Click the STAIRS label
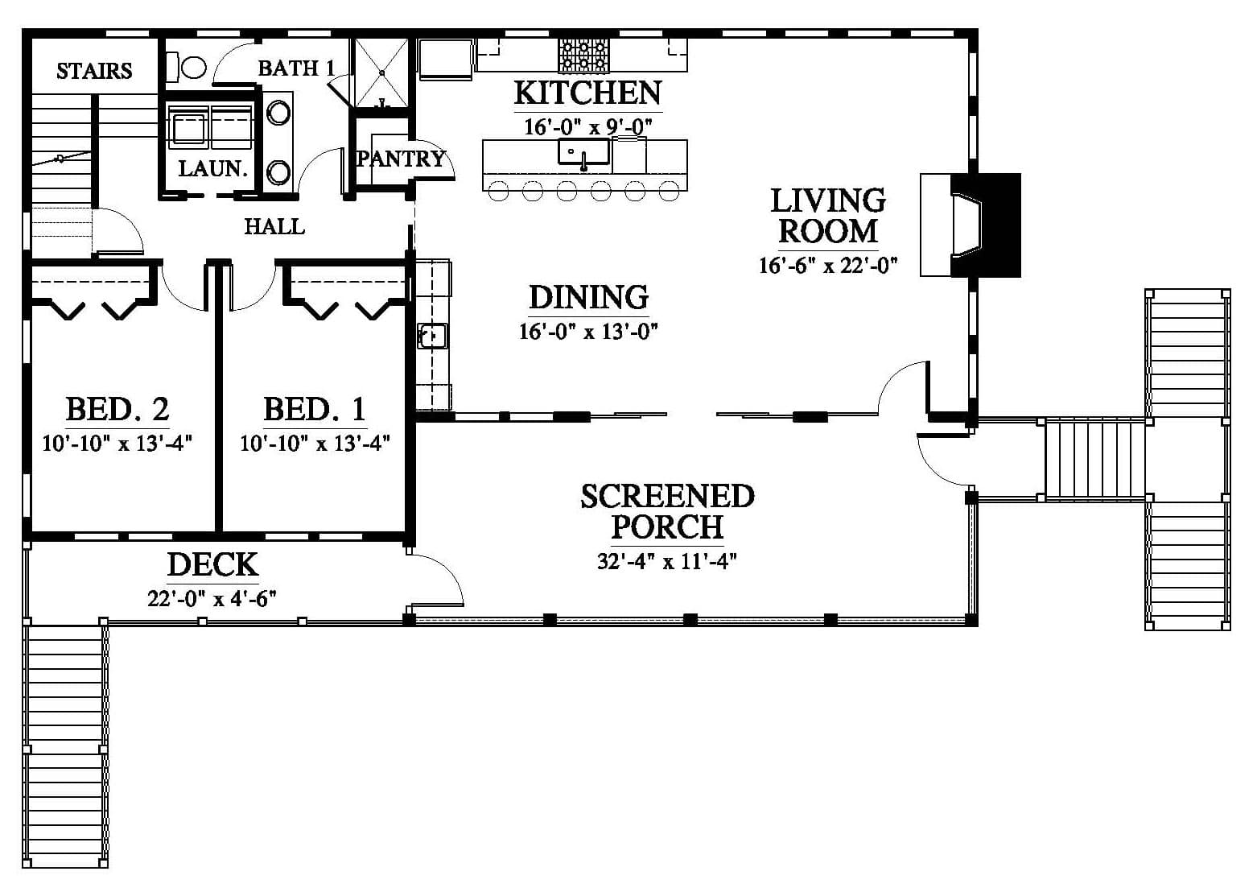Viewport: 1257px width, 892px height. point(94,71)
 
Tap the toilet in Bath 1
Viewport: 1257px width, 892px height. point(188,68)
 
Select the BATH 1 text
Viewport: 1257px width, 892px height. point(296,68)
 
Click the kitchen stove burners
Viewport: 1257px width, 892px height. point(583,55)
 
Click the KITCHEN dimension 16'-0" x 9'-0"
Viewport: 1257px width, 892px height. point(588,127)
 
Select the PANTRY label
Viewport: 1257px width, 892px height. point(401,159)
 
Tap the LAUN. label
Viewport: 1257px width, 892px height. point(213,168)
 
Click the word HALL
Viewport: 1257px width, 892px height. point(274,227)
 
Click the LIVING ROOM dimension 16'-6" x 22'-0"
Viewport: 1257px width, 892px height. point(828,265)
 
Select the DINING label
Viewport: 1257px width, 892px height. point(588,298)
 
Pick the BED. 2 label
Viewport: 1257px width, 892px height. point(117,409)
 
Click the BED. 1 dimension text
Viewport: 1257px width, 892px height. point(315,444)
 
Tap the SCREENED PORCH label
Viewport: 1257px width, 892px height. point(667,511)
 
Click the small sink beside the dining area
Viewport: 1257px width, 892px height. point(432,337)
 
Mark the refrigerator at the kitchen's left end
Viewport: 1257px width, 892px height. point(445,58)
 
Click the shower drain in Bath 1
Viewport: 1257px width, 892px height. point(381,72)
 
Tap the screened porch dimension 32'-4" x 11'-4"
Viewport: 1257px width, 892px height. point(666,561)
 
